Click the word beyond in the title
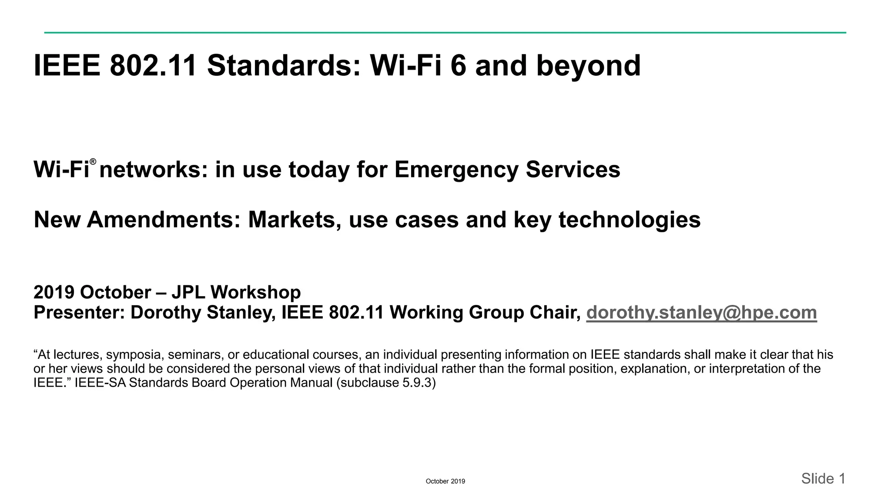588,66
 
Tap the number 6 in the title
458,66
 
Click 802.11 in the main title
153,66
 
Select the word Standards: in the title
284,66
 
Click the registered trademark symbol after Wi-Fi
93,162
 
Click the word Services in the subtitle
573,170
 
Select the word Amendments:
164,220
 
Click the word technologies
630,220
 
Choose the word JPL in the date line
188,292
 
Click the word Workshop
256,292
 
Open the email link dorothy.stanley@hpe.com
701,313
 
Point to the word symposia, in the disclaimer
135,355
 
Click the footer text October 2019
445,481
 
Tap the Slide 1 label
823,479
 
